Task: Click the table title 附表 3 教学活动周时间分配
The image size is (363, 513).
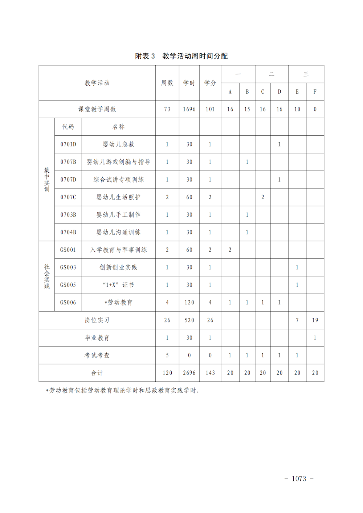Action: pyautogui.click(x=181, y=56)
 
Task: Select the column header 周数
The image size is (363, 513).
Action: pyautogui.click(x=167, y=83)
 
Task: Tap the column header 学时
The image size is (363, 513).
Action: pyautogui.click(x=189, y=83)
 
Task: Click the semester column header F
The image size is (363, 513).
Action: pyautogui.click(x=315, y=92)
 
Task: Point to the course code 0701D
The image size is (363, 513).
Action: pyautogui.click(x=68, y=144)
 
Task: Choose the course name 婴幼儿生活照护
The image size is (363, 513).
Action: pyautogui.click(x=118, y=197)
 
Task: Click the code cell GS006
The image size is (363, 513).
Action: pyautogui.click(x=68, y=303)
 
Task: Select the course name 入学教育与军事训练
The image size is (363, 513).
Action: pyautogui.click(x=118, y=250)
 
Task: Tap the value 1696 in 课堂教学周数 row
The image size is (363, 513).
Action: pyautogui.click(x=189, y=109)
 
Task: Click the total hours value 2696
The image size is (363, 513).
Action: pyautogui.click(x=189, y=373)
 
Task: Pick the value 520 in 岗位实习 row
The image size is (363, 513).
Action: pyautogui.click(x=189, y=320)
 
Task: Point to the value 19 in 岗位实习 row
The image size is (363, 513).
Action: pyautogui.click(x=315, y=320)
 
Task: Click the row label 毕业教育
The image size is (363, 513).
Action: pyautogui.click(x=97, y=338)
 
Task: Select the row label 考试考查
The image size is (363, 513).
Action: pyautogui.click(x=97, y=356)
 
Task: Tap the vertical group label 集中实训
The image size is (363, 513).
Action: pyautogui.click(x=47, y=180)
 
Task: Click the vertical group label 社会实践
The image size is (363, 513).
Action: pyautogui.click(x=47, y=276)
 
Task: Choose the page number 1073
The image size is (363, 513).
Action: pyautogui.click(x=299, y=479)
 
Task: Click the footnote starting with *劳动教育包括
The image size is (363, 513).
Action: pyautogui.click(x=123, y=391)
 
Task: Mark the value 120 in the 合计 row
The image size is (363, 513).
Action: pyautogui.click(x=167, y=373)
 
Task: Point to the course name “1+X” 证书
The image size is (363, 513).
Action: pyautogui.click(x=118, y=285)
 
